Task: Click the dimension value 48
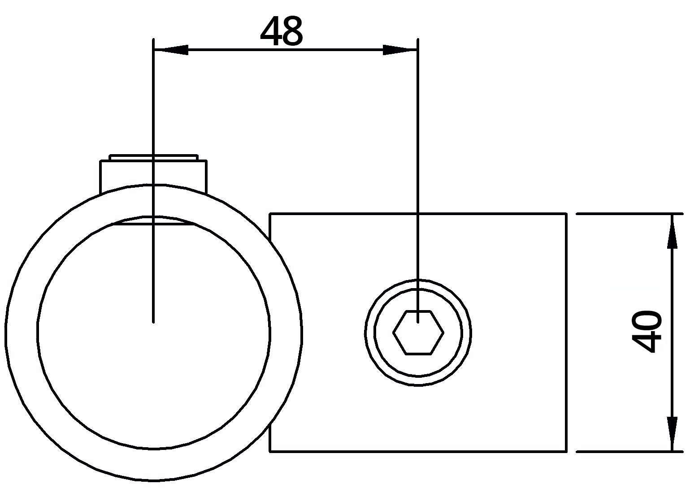[282, 31]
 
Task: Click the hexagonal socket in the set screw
[418, 333]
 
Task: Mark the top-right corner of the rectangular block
[566, 214]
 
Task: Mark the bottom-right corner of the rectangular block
[566, 451]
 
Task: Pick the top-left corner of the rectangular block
[270, 214]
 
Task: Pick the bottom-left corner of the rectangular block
[270, 451]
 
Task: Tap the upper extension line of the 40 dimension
[628, 214]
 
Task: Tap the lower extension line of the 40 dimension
[628, 451]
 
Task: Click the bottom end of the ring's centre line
[153, 321]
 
